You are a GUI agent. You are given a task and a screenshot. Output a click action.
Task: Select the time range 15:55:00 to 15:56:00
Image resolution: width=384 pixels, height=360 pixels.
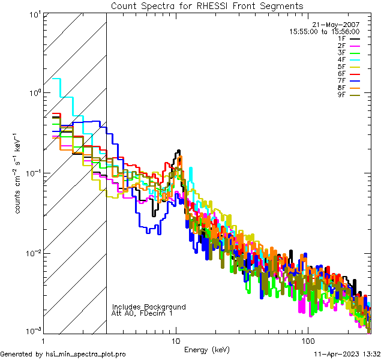[x=324, y=31]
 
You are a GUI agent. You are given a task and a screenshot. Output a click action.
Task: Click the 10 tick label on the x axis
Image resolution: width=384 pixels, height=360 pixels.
[x=176, y=340]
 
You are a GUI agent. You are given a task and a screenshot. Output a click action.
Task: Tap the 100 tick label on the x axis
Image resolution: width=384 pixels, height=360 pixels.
[x=307, y=340]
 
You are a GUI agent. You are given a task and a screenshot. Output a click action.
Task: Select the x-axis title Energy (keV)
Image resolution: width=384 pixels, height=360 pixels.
[x=208, y=349]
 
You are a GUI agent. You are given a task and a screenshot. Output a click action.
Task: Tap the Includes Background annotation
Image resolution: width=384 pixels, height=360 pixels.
[x=149, y=307]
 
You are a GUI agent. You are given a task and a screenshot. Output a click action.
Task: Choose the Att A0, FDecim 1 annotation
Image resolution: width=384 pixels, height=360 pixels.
[x=142, y=313]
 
